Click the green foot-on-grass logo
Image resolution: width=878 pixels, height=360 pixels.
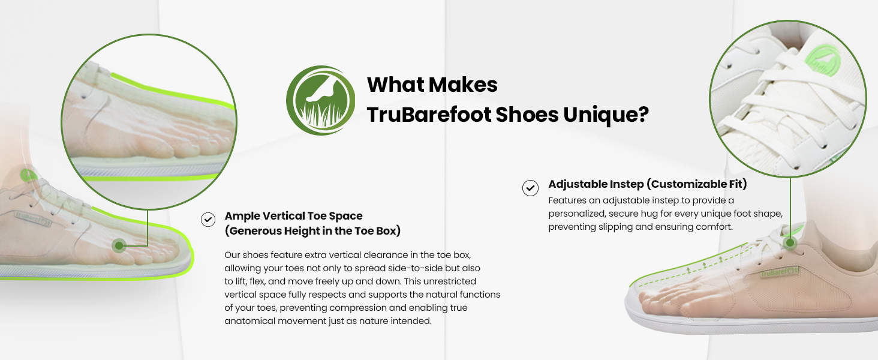point(321,100)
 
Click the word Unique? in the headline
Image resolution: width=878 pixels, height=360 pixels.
point(606,115)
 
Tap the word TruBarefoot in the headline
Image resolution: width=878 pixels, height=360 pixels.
point(429,115)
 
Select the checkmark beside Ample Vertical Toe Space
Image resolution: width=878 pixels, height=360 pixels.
point(208,220)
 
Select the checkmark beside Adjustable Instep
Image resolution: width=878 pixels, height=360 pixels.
point(530,188)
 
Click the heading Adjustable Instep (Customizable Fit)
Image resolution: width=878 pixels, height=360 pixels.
point(648,184)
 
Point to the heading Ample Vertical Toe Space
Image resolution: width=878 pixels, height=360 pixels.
point(294,216)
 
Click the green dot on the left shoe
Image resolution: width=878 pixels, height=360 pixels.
point(119,246)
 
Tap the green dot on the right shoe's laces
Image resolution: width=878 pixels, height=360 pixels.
point(790,243)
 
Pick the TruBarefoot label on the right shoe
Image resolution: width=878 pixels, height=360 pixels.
point(780,272)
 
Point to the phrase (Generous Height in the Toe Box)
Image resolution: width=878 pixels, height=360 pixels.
point(313,230)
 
